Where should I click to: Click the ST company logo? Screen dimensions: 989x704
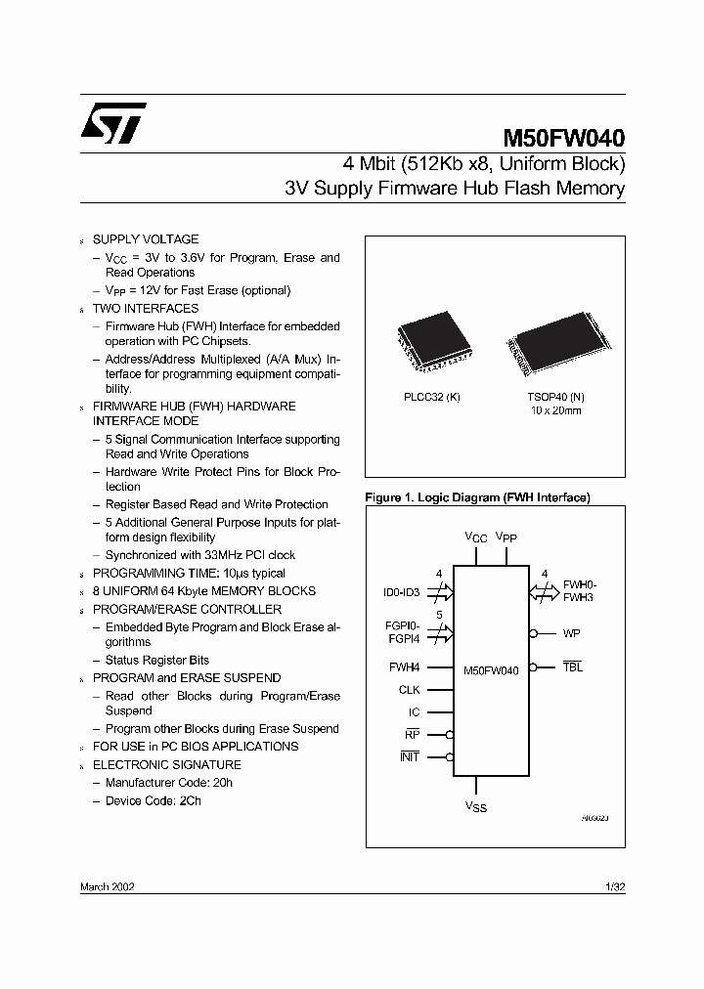click(113, 122)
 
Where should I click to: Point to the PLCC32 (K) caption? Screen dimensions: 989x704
click(431, 396)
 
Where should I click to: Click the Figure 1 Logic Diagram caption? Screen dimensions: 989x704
click(476, 497)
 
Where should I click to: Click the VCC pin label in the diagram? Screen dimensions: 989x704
click(474, 538)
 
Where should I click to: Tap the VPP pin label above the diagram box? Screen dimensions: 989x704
click(506, 537)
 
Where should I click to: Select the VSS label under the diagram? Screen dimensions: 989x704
click(476, 807)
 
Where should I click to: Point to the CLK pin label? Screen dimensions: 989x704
click(409, 690)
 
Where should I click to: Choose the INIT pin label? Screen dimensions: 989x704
click(409, 756)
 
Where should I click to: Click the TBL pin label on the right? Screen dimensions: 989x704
click(573, 666)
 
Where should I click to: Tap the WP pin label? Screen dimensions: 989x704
click(572, 633)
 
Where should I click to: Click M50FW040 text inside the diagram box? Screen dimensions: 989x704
click(491, 671)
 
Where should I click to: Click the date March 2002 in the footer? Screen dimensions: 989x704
click(107, 885)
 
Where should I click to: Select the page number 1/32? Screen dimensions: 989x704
click(614, 885)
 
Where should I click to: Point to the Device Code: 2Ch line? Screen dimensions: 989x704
click(153, 800)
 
